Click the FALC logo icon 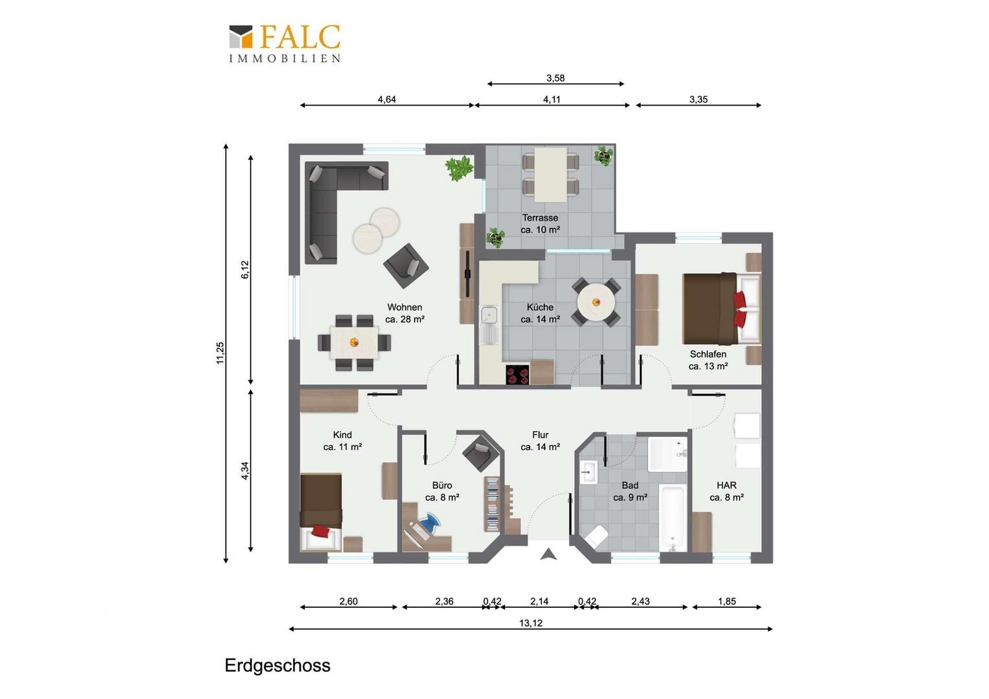(x=241, y=37)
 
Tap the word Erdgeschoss (x=277, y=665)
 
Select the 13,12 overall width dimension (x=531, y=623)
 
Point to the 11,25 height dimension (x=220, y=353)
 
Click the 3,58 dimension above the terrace (x=555, y=78)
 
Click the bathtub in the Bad (x=672, y=517)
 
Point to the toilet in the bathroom (x=597, y=537)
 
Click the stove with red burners (x=517, y=375)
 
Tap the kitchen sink (x=489, y=324)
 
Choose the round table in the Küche (x=596, y=302)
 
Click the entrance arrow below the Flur (x=548, y=554)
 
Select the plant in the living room (x=459, y=168)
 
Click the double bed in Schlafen (x=722, y=308)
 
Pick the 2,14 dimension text (x=539, y=601)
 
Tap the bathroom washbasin (x=588, y=472)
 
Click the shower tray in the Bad (x=667, y=454)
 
